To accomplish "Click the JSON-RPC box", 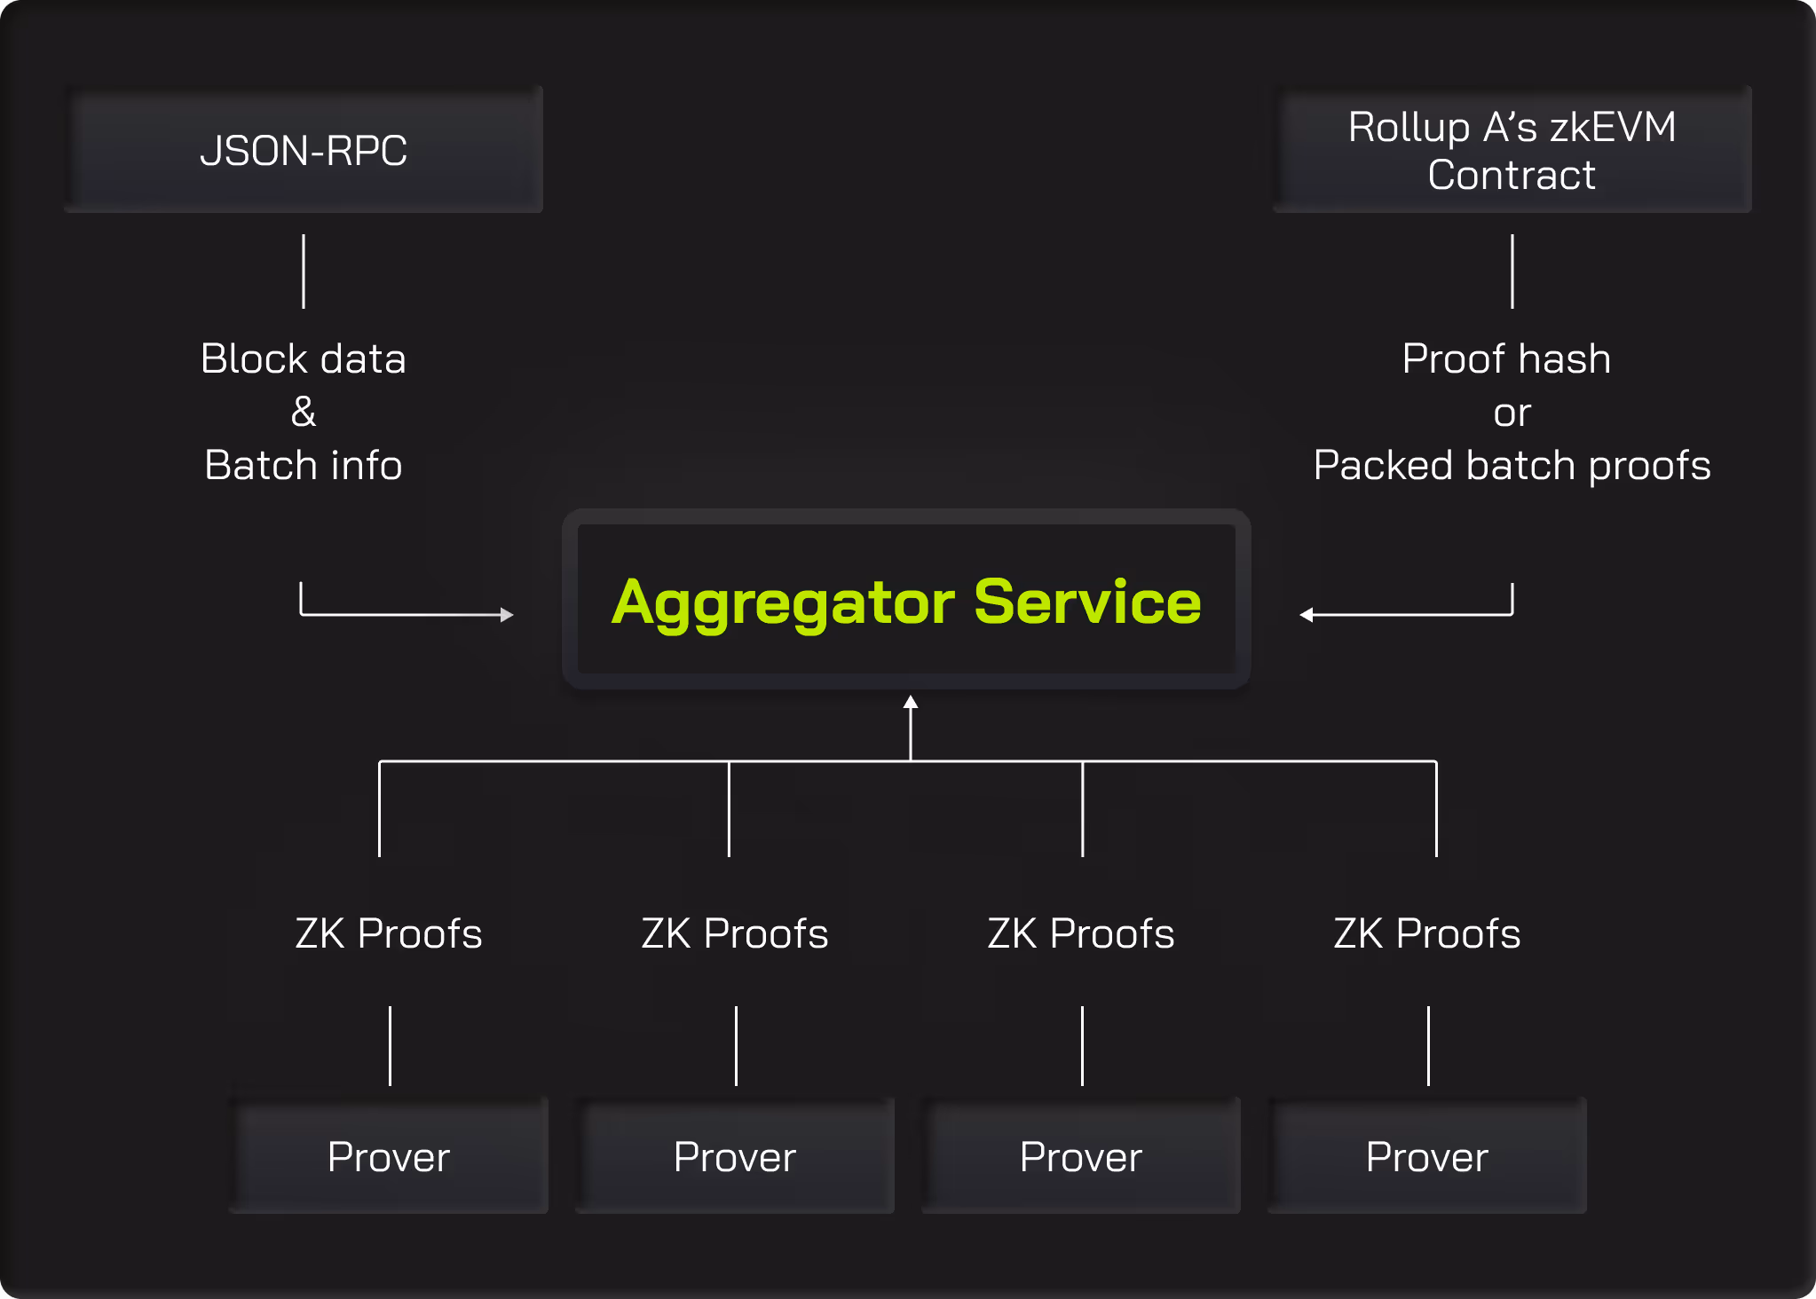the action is [x=304, y=149].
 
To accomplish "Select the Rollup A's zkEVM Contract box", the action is [x=1512, y=149].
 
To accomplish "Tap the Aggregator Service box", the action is [x=906, y=599].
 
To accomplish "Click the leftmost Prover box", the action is [x=389, y=1155].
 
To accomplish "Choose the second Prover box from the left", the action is [x=735, y=1155].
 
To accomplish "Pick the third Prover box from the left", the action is [x=1081, y=1155].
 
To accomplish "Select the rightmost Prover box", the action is [x=1427, y=1155].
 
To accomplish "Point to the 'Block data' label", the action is [x=304, y=358].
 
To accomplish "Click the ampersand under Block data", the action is [x=304, y=412].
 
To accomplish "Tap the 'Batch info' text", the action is [x=304, y=465].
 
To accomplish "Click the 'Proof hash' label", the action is [x=1507, y=358].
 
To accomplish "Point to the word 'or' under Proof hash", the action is [x=1512, y=413].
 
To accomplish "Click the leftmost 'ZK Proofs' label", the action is [x=389, y=933].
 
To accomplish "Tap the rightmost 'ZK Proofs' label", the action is [x=1427, y=933].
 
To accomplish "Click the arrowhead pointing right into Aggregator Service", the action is [x=508, y=614].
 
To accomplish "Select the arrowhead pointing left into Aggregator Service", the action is [x=1306, y=614].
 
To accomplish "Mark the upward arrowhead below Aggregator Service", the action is [x=911, y=702].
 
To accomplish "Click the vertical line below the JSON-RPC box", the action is [x=304, y=272].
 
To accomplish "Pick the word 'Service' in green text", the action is [x=1087, y=602].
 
